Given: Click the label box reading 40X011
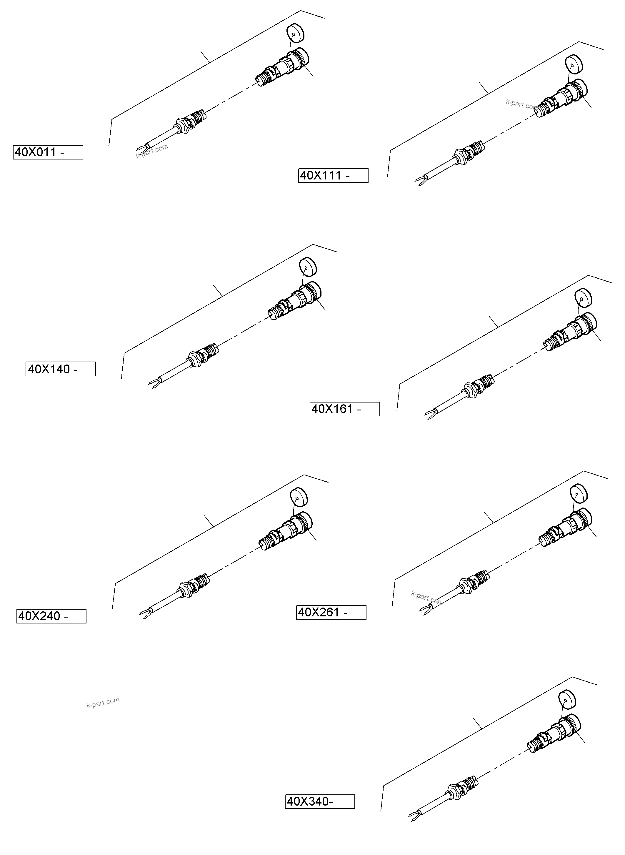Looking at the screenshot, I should tap(48, 152).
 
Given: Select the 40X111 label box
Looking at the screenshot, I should tap(333, 176).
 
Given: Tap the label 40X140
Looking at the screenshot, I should tap(61, 369).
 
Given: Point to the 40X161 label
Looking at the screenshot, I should tap(344, 409).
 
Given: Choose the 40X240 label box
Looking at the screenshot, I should tap(51, 616).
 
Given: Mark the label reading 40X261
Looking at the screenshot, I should tap(331, 612).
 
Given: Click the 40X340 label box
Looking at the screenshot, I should tap(320, 802).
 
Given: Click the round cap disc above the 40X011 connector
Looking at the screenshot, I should tap(296, 33).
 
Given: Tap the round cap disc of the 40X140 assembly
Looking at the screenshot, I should tap(308, 267).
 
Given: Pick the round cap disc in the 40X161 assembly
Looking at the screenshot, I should tap(584, 297).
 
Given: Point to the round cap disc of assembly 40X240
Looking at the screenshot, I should tap(299, 497).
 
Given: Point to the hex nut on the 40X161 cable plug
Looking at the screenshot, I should tap(470, 389).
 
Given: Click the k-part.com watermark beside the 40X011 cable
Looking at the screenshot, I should tap(152, 151).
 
